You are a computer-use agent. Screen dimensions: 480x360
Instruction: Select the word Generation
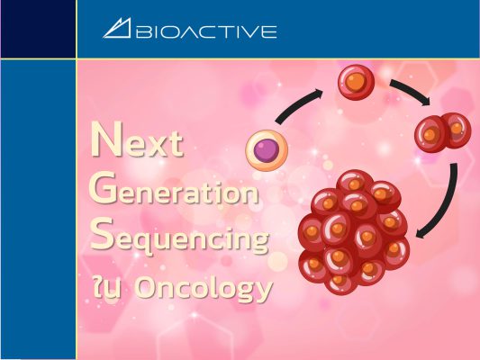pos(174,189)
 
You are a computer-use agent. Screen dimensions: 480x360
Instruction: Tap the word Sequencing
pos(179,237)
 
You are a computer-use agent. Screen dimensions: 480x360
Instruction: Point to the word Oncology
pos(203,288)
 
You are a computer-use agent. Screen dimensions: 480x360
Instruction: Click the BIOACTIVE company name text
pos(206,31)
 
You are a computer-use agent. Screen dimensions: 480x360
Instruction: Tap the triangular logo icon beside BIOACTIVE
pos(117,28)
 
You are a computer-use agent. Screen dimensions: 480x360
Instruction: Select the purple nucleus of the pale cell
pos(267,150)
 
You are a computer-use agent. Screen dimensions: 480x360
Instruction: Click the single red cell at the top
pos(356,82)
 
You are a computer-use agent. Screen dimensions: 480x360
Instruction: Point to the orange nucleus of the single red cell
pos(356,82)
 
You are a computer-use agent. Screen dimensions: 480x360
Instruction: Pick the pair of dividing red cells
pos(443,132)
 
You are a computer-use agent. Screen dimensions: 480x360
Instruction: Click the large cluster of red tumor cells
pos(354,232)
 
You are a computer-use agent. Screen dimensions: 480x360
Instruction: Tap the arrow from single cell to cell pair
pos(410,90)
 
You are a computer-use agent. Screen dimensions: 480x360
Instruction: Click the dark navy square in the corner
pos(38,29)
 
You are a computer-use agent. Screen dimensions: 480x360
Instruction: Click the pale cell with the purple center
pos(267,150)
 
